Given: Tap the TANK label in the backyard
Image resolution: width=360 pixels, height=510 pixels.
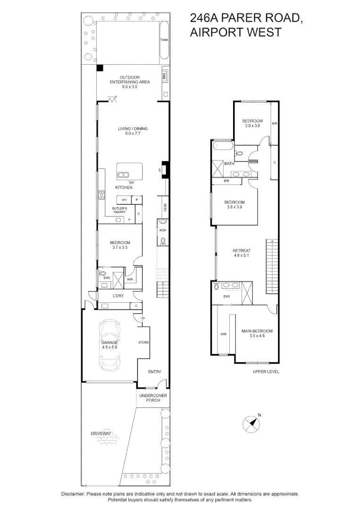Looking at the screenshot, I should tap(164, 40).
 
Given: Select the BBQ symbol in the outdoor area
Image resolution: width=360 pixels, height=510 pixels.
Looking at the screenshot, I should tap(165, 75).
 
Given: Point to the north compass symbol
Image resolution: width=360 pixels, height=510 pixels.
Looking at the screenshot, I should tap(252, 423).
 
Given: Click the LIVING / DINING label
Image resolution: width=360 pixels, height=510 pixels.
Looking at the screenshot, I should tap(133, 128).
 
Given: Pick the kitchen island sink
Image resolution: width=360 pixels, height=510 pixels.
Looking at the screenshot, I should tap(123, 175).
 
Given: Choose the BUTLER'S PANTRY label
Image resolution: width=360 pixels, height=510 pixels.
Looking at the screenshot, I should tap(119, 210).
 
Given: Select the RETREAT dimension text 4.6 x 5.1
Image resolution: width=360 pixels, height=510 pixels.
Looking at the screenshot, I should tap(241, 256).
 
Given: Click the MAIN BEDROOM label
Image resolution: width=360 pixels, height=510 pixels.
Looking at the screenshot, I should tap(257, 331).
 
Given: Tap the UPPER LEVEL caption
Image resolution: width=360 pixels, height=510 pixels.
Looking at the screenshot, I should tap(266, 372).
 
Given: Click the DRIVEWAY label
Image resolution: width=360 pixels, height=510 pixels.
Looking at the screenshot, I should tap(101, 433).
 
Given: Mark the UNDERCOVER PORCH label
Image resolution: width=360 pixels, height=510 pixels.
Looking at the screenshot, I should tap(153, 398).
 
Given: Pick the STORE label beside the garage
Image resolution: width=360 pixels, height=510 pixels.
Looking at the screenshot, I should tap(143, 342).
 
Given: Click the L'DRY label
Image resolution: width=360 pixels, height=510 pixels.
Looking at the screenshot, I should tap(118, 296).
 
